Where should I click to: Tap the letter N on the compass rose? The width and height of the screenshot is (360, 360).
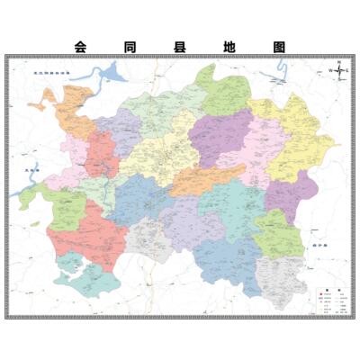pyautogui.click(x=337, y=60)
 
